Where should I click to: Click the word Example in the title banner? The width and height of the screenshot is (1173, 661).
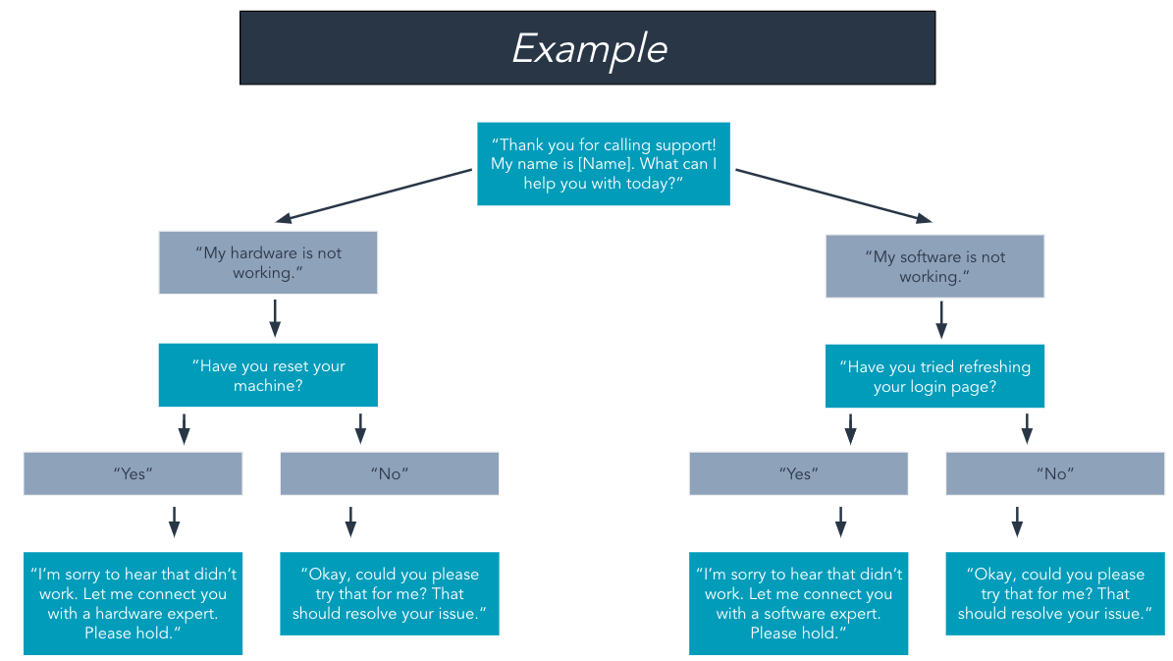pos(589,48)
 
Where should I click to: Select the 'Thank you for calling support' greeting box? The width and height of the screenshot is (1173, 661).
pos(603,164)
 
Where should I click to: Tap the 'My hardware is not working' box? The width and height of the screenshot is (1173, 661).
pos(268,262)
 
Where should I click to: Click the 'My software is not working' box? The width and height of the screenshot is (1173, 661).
pos(934,266)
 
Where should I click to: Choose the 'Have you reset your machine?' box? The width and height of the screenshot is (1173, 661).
pos(268,375)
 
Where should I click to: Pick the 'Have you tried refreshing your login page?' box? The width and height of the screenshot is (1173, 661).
pos(934,376)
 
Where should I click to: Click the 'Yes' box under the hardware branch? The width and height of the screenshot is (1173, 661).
pos(133,473)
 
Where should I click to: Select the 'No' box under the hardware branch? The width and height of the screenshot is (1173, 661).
pos(390,473)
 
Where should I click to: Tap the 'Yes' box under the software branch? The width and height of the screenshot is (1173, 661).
pos(799,473)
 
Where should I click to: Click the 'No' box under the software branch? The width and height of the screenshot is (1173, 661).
pos(1055,473)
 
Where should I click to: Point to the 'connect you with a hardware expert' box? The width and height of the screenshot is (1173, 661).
pos(133,603)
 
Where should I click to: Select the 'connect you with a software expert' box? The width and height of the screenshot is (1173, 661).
pos(799,603)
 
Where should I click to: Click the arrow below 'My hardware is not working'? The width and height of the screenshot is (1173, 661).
pos(275,317)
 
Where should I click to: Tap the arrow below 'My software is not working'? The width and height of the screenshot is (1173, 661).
pos(941,318)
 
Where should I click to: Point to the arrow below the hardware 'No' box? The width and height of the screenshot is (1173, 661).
pos(350,522)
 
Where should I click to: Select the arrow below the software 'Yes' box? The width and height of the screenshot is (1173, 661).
pos(840,522)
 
